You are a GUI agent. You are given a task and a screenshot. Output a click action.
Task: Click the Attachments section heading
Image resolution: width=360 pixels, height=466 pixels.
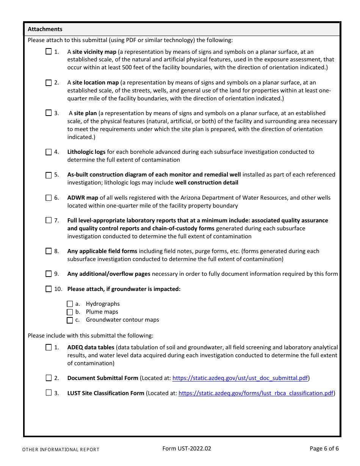pos(45,29)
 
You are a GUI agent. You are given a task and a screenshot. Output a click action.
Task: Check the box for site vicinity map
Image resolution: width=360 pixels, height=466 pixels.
pos(49,52)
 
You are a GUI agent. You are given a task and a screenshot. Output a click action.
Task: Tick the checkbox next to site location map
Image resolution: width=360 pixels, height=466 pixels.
pos(49,83)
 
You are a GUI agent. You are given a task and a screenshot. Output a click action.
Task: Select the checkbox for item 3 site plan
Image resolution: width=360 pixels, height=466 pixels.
pos(49,113)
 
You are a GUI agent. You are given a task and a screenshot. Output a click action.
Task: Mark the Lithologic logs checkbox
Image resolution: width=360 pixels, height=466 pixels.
pos(49,152)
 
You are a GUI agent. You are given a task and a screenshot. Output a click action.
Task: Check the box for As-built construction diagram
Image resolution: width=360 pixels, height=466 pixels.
pos(49,175)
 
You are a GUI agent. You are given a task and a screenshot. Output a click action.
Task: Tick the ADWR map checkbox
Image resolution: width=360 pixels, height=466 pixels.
pos(49,198)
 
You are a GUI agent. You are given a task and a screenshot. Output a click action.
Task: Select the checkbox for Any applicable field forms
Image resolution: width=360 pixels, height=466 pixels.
pos(49,251)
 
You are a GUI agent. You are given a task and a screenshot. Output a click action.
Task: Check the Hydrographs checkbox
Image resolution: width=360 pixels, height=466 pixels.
pos(70,304)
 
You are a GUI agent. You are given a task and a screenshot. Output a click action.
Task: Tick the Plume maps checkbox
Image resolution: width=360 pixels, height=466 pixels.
pos(70,312)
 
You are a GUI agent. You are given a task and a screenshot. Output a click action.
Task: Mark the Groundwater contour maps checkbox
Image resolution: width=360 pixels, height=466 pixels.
pos(70,320)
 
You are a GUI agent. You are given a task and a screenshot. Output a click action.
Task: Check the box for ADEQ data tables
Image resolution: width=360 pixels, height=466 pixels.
pos(49,347)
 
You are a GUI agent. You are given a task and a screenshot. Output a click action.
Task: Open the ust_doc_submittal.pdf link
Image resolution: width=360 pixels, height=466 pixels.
pos(240,378)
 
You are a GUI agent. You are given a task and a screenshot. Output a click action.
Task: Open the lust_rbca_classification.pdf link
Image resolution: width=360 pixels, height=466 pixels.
pos(256,393)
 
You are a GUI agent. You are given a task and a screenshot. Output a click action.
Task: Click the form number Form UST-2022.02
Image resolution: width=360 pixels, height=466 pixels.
pos(186,449)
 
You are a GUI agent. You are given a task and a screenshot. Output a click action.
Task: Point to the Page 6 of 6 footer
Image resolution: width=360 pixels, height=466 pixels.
pos(324,449)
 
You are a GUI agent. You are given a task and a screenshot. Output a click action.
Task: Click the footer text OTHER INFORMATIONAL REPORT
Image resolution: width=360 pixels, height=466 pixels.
pos(61,450)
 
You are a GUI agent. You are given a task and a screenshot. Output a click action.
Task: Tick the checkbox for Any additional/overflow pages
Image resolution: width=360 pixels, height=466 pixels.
pos(49,274)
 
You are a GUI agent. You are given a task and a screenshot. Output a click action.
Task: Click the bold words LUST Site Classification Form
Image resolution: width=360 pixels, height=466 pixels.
pos(106,393)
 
